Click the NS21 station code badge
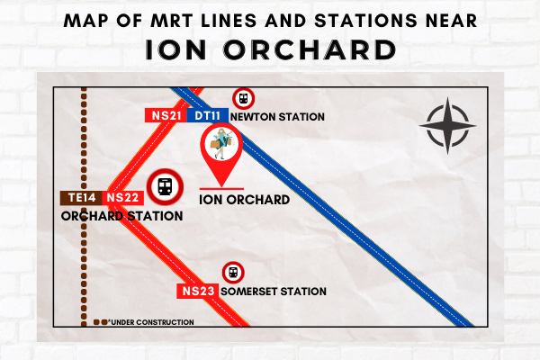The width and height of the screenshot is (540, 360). (166, 115)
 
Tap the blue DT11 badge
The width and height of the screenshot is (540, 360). (207, 115)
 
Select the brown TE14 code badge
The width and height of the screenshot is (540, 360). (81, 198)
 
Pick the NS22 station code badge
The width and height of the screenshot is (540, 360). (123, 198)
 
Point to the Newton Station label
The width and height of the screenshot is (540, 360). (277, 117)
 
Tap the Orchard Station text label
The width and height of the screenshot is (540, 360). (121, 216)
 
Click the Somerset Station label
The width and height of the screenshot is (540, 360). (274, 292)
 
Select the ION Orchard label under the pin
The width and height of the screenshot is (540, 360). (244, 200)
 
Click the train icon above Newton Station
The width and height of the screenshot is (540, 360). (244, 99)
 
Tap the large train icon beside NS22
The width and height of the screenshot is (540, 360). (165, 187)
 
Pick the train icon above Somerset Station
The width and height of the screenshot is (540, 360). (233, 273)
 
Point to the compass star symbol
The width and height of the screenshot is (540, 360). (447, 126)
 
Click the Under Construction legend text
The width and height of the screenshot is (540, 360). (151, 322)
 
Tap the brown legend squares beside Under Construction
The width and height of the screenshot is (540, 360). (100, 322)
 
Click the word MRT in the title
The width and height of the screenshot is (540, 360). (171, 21)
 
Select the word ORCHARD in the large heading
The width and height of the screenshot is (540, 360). (310, 50)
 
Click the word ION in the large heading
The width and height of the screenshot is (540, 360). (175, 50)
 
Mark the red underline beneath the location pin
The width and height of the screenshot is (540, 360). (221, 189)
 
